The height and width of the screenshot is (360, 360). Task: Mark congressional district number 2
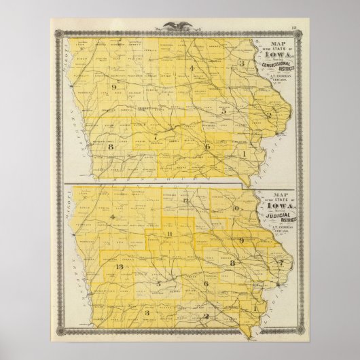269,115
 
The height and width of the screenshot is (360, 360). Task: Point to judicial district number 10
235,208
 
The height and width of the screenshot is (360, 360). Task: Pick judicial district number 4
111,216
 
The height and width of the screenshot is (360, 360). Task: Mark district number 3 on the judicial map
147,312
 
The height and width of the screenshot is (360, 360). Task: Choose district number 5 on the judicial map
158,283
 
